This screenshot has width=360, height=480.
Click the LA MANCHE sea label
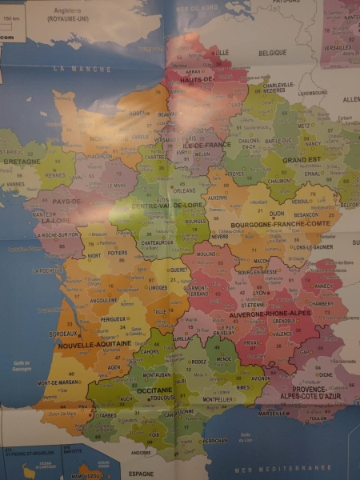83,70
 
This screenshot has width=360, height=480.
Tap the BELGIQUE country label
272,53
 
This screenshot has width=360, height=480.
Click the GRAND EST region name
301,159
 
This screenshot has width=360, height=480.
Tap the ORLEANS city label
185,191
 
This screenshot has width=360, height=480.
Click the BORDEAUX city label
63,334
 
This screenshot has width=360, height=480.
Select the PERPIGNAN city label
216,441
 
